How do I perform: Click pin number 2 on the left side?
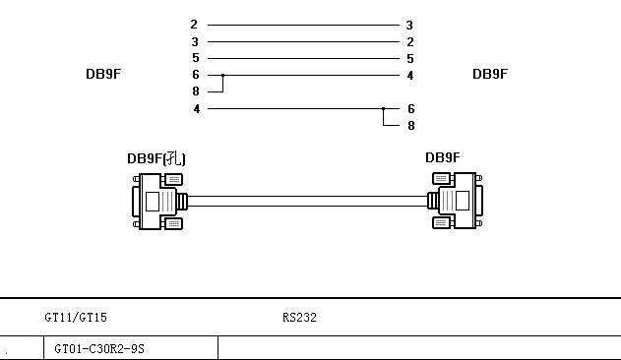tap(194, 25)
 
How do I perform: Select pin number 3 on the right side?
tap(409, 26)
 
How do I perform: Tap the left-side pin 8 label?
tap(196, 91)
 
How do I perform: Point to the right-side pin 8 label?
tap(411, 126)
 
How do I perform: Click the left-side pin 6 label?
tap(196, 75)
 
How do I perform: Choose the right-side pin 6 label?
tap(411, 108)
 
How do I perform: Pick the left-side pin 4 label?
tap(197, 108)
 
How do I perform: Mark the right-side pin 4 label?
tap(410, 76)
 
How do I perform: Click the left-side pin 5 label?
tap(196, 58)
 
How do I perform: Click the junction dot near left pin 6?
tap(223, 75)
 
